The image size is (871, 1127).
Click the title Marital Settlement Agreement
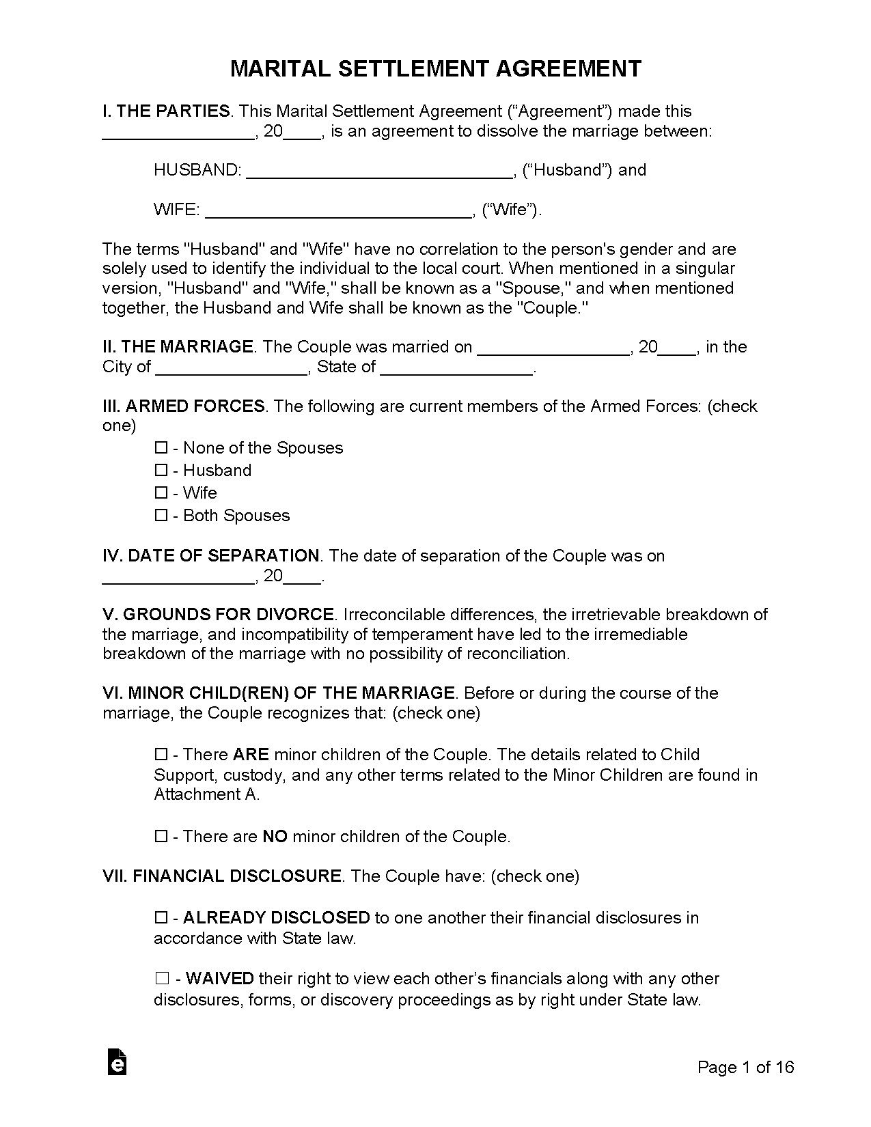coord(435,69)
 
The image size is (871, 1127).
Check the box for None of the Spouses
coord(161,448)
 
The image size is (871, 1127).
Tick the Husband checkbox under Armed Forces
coord(161,471)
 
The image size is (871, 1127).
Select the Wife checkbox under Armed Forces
coord(161,493)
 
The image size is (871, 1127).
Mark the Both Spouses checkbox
coord(161,516)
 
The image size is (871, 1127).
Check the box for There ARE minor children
coord(161,755)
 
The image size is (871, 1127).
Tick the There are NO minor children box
coord(161,837)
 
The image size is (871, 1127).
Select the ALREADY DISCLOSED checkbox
coord(161,917)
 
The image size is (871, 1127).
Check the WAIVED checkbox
coord(161,979)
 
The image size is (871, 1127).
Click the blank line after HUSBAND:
coord(379,171)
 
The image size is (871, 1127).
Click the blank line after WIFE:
coord(338,211)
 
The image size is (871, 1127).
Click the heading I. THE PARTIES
coord(167,111)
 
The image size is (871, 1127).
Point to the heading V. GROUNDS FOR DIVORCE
coord(218,614)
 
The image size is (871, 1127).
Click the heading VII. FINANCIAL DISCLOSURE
coord(222,876)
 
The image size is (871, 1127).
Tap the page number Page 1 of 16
coord(745,1067)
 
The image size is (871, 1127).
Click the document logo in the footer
coord(117,1062)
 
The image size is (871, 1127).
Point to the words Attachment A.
coord(206,794)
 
